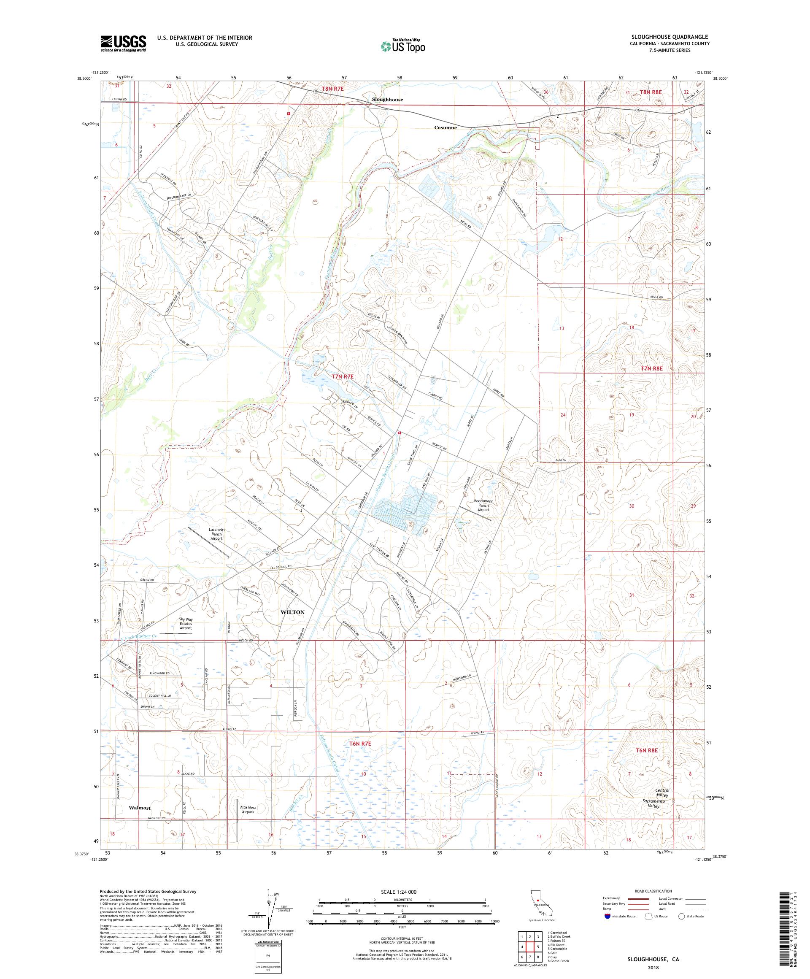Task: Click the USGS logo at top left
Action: coord(124,44)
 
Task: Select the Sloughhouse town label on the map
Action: coord(387,100)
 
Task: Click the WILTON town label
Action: coord(292,612)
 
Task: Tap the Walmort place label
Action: coord(140,808)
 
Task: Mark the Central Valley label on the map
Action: coord(662,793)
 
